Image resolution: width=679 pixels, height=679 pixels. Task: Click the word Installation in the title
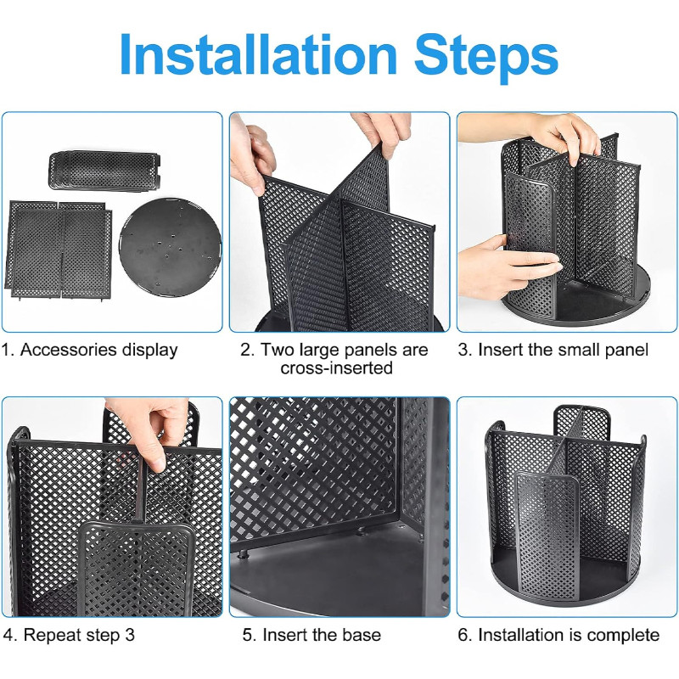click(x=258, y=54)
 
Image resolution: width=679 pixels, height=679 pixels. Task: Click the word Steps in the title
click(x=486, y=59)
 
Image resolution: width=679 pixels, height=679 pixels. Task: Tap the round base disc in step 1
click(x=171, y=248)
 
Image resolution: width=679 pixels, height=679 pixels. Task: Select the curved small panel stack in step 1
click(x=104, y=171)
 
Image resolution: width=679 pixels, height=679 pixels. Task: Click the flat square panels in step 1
click(x=58, y=250)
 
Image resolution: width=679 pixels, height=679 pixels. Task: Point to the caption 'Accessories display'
click(x=99, y=350)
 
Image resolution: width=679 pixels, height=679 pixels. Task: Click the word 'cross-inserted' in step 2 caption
click(x=336, y=368)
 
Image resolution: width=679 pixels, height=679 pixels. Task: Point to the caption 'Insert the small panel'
click(x=563, y=350)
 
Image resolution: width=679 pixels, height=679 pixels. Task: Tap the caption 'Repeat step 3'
click(x=79, y=635)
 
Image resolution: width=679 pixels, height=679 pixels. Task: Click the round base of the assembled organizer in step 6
click(x=566, y=580)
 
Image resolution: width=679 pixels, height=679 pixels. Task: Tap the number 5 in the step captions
click(x=247, y=635)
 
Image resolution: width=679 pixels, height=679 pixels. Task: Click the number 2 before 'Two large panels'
click(x=246, y=350)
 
